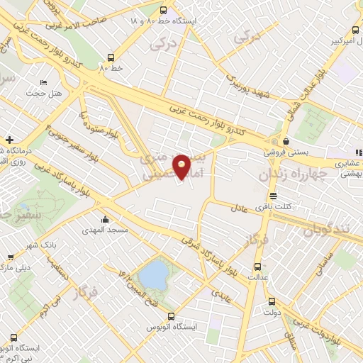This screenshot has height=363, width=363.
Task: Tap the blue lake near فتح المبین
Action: (x=151, y=273)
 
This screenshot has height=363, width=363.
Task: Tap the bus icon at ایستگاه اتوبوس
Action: (x=170, y=316)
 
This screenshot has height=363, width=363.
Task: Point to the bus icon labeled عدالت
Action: (x=257, y=267)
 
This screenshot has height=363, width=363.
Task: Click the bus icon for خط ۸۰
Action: (x=111, y=58)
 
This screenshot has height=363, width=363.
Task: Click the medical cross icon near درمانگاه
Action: (x=9, y=140)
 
